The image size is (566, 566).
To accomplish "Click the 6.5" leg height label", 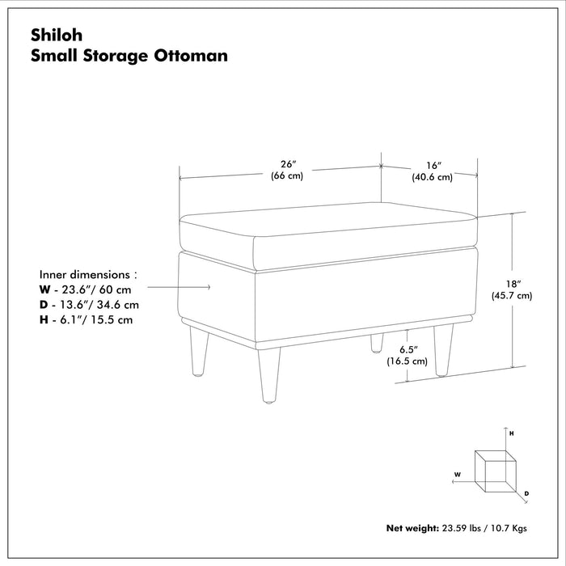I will pyautogui.click(x=407, y=349).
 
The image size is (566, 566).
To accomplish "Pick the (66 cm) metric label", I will pyautogui.click(x=287, y=175).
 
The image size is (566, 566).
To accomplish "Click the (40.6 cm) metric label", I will pyautogui.click(x=431, y=176).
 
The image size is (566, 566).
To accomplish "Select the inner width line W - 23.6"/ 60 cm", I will pyautogui.click(x=85, y=289).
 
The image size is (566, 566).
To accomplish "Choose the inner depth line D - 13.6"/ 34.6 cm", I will pyautogui.click(x=89, y=305).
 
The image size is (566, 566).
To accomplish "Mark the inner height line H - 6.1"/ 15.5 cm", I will pyautogui.click(x=86, y=320).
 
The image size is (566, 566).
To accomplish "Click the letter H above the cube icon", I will pyautogui.click(x=511, y=434).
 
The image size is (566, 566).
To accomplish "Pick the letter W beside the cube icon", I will pyautogui.click(x=458, y=474).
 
